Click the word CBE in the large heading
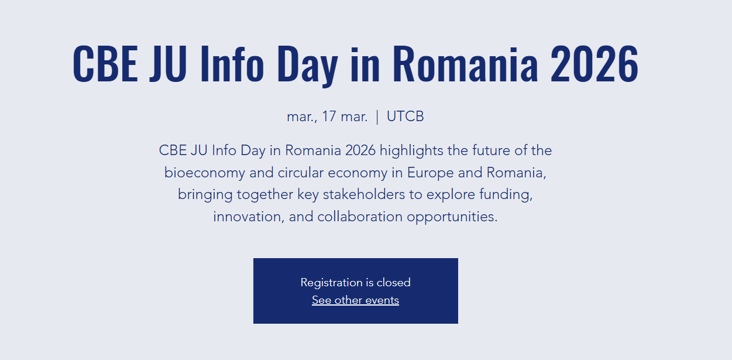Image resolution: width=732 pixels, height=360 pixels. (105, 63)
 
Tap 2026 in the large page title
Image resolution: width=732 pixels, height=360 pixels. (594, 63)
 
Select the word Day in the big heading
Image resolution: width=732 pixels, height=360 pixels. (308, 66)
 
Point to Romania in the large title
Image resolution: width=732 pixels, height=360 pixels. (465, 63)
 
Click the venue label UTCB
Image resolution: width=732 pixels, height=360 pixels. (405, 116)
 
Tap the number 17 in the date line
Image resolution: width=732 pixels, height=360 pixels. (329, 116)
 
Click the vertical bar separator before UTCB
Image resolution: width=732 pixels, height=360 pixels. (377, 117)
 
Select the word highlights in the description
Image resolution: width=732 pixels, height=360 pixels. (411, 151)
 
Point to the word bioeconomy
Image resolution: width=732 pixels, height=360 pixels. (205, 173)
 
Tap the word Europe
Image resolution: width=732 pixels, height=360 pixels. (431, 173)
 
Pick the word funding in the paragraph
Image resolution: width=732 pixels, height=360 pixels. (506, 195)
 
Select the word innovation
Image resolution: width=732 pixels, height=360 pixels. (249, 217)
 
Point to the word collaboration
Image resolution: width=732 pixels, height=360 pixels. (360, 217)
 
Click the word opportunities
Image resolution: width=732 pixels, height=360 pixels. (452, 217)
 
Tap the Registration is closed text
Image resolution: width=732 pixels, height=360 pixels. (356, 283)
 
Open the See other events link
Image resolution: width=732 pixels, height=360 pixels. (356, 300)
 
